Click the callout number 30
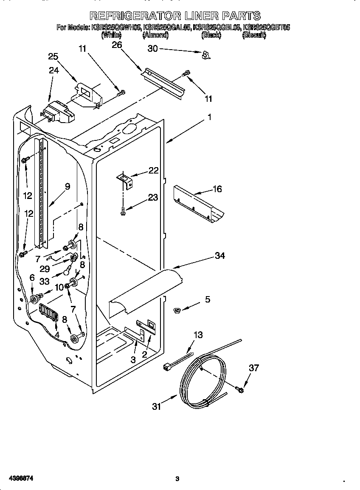[x=152, y=49]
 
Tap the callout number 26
[x=116, y=45]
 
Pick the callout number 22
[x=153, y=171]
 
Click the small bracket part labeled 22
[x=126, y=179]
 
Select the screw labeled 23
[x=123, y=211]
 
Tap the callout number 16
[x=217, y=189]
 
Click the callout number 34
[x=219, y=255]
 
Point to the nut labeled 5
[x=178, y=311]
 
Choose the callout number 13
[x=198, y=335]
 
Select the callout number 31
[x=157, y=406]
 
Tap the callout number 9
[x=67, y=185]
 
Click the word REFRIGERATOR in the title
[x=135, y=16]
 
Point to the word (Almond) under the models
[x=155, y=36]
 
